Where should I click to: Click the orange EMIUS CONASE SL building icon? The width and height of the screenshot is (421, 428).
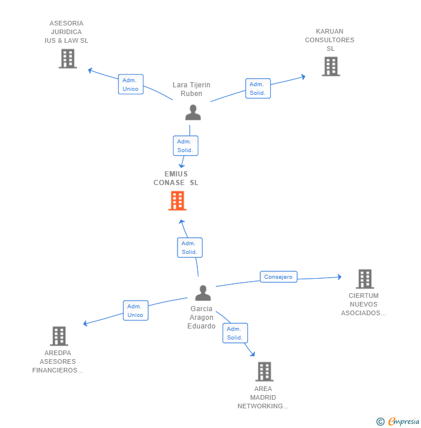[178, 201]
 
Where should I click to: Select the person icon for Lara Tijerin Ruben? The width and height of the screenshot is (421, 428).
[193, 112]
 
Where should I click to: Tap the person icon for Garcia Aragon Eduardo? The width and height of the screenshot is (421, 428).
[203, 293]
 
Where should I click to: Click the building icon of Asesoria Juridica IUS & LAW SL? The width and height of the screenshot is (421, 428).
[68, 58]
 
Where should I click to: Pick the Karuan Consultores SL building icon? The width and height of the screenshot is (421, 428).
[331, 67]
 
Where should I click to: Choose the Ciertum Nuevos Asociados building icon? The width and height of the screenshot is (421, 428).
[365, 279]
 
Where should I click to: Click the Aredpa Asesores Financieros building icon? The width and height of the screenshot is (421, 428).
[59, 336]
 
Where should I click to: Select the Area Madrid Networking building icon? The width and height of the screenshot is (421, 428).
[264, 371]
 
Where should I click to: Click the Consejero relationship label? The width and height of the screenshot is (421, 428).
[279, 277]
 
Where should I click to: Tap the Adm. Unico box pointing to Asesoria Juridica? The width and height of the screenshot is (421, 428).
[131, 84]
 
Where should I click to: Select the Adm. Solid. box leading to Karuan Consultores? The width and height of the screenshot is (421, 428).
[258, 88]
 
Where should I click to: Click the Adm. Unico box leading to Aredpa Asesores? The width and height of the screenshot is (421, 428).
[135, 311]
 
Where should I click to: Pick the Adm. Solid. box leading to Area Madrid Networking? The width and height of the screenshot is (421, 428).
[235, 333]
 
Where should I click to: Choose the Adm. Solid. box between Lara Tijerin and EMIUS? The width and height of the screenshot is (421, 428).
[186, 146]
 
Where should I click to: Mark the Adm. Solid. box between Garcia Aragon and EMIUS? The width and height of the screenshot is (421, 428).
[190, 248]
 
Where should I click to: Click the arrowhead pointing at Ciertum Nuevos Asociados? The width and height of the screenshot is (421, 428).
[339, 277]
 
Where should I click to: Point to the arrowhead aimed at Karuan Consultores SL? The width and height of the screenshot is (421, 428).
[303, 77]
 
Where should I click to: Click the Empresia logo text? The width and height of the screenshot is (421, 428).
[404, 421]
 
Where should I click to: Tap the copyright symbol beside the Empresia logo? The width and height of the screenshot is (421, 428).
[381, 422]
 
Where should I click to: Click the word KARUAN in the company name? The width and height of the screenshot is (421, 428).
[330, 31]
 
